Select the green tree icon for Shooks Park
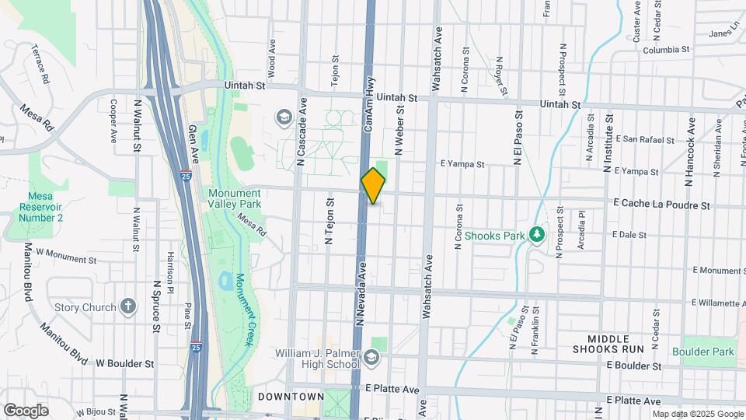point(535,234)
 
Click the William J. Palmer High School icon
point(371,357)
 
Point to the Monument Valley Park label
point(234,198)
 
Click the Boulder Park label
point(708,352)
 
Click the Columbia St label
point(666,50)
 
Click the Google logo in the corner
point(26,410)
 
